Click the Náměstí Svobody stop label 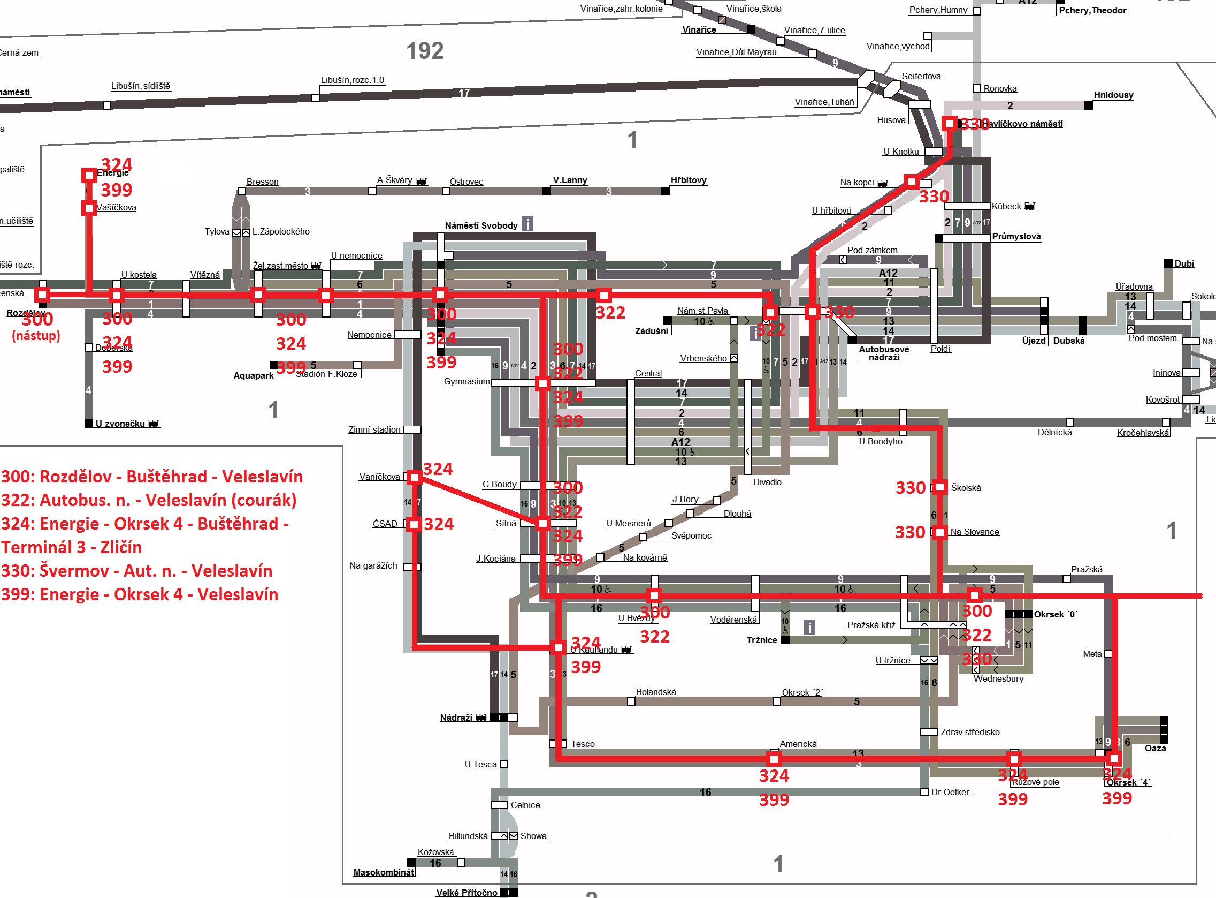[480, 225]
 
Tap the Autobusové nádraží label [884, 353]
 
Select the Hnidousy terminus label [1113, 95]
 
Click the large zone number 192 [425, 51]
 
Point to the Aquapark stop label [254, 375]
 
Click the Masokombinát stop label [384, 872]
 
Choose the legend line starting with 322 [149, 500]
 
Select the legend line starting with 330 [137, 571]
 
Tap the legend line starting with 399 [140, 594]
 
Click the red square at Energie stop [89, 175]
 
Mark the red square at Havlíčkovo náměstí [950, 123]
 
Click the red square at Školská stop [939, 487]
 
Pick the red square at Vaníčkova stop [415, 477]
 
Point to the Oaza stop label [1155, 748]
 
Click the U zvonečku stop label [120, 424]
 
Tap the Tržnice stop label [761, 640]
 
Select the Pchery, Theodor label [1092, 10]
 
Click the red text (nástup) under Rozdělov [36, 335]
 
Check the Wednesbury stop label [998, 678]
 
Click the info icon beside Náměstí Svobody [527, 224]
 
